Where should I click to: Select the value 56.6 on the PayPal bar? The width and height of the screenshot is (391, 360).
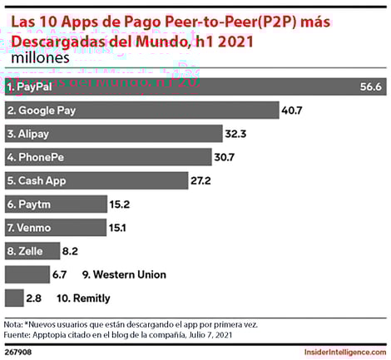[365, 86]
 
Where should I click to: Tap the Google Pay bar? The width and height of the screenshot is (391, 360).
[141, 110]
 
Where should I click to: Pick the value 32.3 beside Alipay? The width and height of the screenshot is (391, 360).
[236, 133]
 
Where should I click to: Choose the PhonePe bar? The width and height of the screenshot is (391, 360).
[108, 157]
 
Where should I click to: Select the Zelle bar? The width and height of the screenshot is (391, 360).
[32, 250]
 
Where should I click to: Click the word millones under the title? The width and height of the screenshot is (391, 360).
[41, 58]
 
